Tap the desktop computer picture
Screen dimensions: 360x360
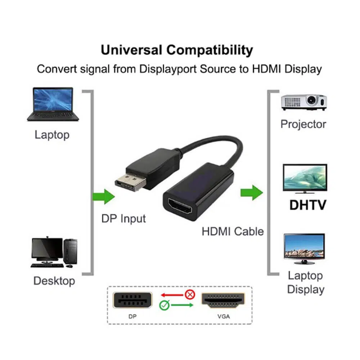54,252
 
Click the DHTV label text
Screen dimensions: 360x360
308,205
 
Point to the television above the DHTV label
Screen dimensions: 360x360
305,179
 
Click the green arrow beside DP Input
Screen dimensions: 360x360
104,196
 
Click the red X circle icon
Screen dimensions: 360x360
190,294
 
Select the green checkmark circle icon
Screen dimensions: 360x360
164,305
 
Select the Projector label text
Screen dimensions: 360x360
303,124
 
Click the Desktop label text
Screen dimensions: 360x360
54,281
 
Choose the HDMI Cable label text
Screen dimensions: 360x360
233,231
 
